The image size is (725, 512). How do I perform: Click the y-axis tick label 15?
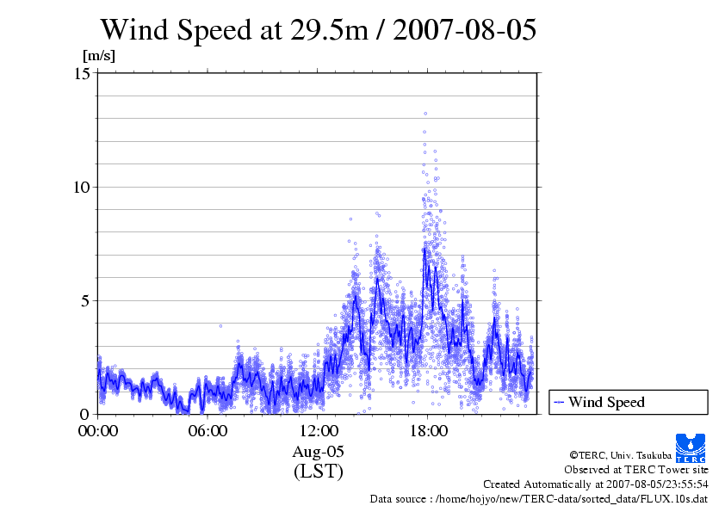click(x=83, y=73)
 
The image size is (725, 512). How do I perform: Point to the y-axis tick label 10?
click(x=83, y=187)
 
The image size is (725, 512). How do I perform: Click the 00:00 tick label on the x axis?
click(x=98, y=431)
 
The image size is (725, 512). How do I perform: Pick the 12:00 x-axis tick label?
click(x=318, y=431)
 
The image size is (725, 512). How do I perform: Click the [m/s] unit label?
click(x=98, y=55)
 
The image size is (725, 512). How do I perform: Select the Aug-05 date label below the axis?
click(x=318, y=452)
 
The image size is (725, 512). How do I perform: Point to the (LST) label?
click(x=318, y=472)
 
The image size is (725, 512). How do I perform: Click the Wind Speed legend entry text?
click(x=606, y=402)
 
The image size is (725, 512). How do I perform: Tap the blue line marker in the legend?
click(x=559, y=402)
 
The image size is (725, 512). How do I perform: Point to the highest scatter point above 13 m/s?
click(x=424, y=113)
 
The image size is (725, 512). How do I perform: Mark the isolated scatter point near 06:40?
click(x=220, y=326)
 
